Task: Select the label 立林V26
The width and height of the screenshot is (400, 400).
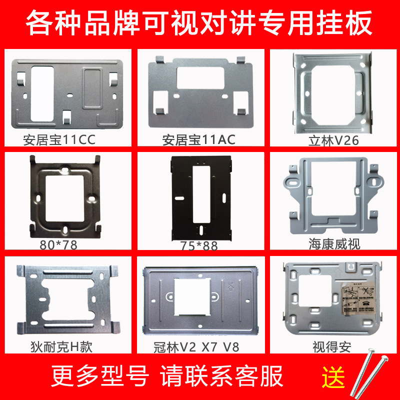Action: pos(333,140)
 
